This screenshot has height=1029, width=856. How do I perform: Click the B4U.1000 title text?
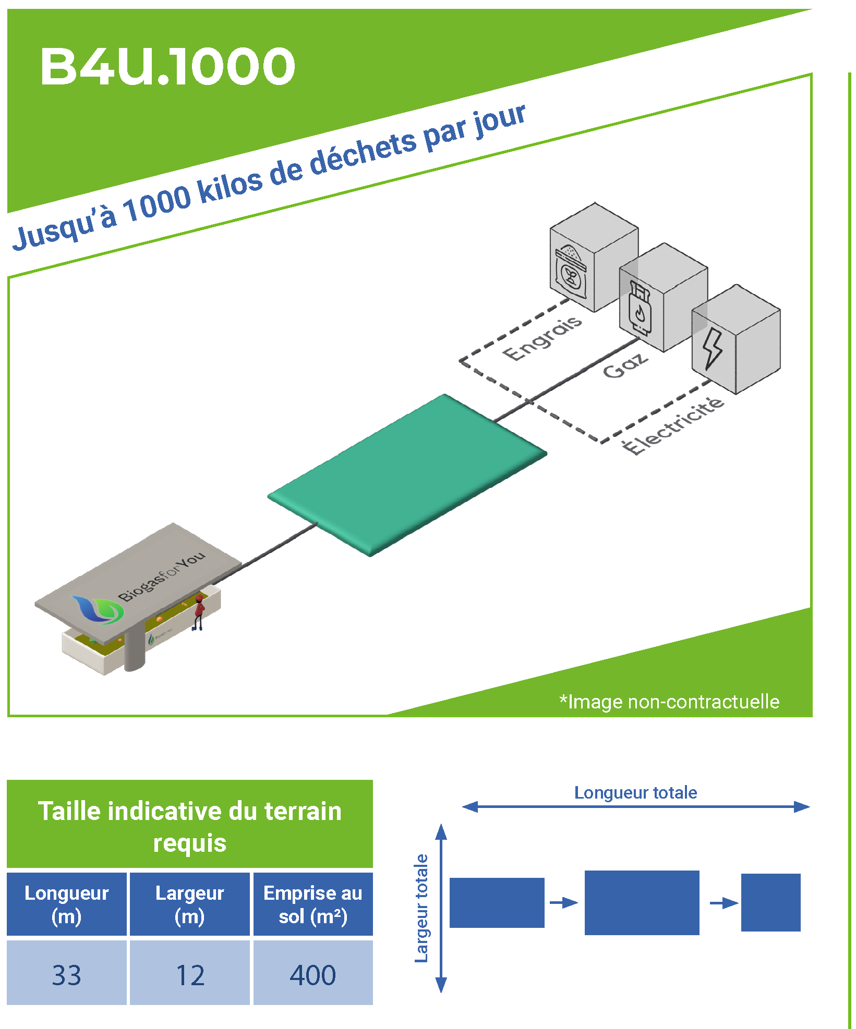(167, 66)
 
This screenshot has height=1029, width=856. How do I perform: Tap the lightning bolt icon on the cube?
(712, 348)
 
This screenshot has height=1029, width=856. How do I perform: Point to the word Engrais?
(542, 338)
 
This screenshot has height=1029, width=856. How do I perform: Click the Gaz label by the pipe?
(625, 365)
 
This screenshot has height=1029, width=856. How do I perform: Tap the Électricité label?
(673, 425)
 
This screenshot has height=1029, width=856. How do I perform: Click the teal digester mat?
(407, 474)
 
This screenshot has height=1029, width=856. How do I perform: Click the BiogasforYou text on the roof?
(162, 576)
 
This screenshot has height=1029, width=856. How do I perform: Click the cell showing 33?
(67, 975)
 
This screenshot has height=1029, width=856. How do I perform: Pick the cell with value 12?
(190, 975)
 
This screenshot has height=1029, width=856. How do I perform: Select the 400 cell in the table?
(313, 975)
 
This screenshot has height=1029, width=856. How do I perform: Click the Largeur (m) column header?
(190, 904)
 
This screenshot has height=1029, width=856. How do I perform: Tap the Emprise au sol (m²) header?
(313, 904)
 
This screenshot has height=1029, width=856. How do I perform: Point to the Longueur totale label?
(635, 793)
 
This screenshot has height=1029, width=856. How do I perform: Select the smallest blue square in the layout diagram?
(770, 902)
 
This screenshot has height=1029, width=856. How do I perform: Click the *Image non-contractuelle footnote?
(669, 702)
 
